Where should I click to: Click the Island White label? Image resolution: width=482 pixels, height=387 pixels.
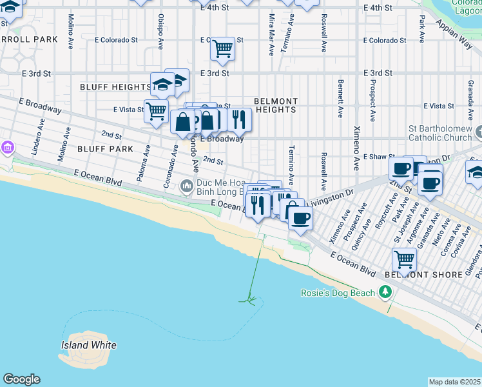(89, 345)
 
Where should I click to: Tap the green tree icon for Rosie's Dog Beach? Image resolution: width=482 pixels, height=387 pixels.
(386, 293)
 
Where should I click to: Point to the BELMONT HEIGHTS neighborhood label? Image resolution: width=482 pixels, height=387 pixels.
(276, 105)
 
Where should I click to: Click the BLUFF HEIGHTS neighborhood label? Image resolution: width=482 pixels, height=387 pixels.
(115, 86)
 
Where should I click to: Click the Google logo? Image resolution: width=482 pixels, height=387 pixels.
(21, 379)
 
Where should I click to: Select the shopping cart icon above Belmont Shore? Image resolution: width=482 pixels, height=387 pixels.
(404, 259)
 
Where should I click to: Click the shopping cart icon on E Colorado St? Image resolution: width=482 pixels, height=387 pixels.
(222, 47)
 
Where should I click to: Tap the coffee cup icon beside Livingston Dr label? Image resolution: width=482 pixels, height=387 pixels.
(300, 219)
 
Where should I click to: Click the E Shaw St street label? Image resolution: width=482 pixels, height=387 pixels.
(379, 157)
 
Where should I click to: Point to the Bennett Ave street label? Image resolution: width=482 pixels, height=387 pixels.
(340, 99)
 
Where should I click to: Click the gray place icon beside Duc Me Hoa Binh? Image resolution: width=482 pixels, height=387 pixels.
(187, 186)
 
